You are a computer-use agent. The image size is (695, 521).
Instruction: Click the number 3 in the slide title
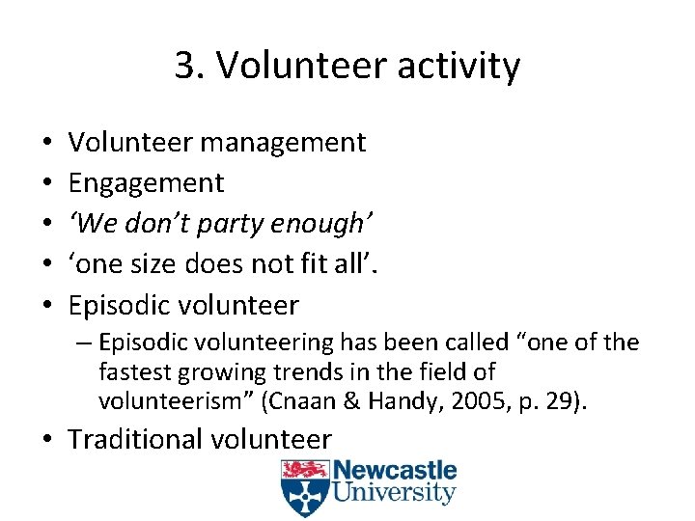click(x=184, y=66)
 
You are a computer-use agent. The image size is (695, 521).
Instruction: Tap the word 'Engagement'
click(x=146, y=182)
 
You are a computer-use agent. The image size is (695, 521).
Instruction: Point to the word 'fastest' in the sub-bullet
click(x=130, y=370)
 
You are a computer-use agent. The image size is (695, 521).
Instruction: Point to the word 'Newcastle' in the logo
click(x=393, y=473)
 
